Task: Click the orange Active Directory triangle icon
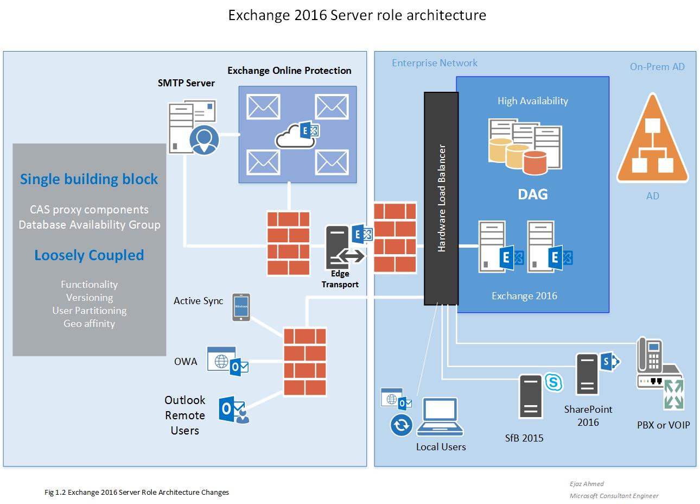click(x=652, y=141)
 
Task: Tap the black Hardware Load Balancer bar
click(x=441, y=198)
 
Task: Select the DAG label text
click(x=533, y=194)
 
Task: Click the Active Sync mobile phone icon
click(x=241, y=307)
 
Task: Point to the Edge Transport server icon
click(x=338, y=247)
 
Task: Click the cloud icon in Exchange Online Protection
click(x=295, y=137)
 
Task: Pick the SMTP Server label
click(x=186, y=83)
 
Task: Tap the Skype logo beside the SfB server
click(x=553, y=382)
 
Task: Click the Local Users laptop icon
click(x=440, y=417)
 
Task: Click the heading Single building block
click(x=89, y=179)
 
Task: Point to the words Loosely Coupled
click(x=89, y=255)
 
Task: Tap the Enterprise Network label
click(x=434, y=63)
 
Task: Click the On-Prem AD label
click(x=657, y=67)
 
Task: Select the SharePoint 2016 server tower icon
click(x=587, y=374)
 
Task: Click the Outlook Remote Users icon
click(x=234, y=409)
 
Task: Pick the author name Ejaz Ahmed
click(x=587, y=484)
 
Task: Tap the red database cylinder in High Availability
click(x=535, y=163)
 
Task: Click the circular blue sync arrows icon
click(x=401, y=425)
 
